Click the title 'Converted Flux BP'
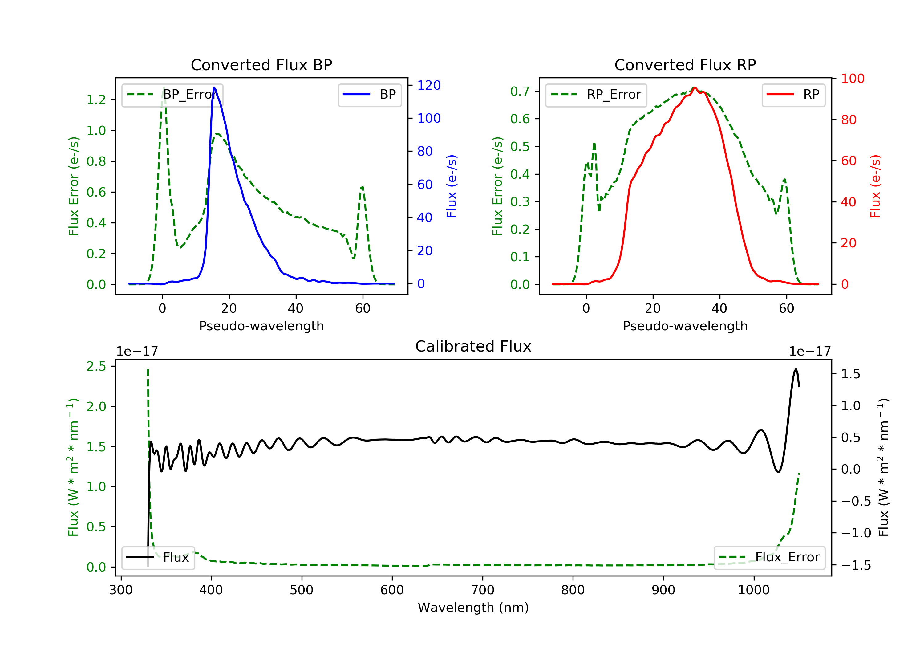click(261, 65)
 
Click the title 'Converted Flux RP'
click(685, 65)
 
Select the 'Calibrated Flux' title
click(473, 346)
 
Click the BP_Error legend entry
click(172, 95)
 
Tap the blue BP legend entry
click(369, 95)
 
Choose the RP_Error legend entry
click(596, 95)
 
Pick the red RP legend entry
click(793, 95)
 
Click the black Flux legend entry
click(158, 557)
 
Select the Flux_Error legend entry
click(769, 557)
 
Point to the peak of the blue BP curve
click(214, 87)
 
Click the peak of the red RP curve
click(694, 87)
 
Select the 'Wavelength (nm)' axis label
click(473, 608)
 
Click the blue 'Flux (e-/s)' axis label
click(452, 186)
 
